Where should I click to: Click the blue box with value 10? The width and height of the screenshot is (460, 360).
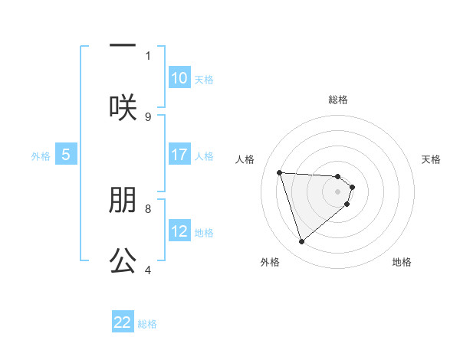[x=179, y=78]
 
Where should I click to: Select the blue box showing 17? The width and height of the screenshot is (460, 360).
[x=179, y=155]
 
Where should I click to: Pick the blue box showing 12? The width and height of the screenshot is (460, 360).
[x=179, y=231]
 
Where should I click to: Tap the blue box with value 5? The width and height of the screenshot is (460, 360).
[x=66, y=155]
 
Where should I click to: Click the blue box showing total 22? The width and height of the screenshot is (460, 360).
[x=123, y=322]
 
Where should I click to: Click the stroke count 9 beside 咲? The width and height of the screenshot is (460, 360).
[x=148, y=116]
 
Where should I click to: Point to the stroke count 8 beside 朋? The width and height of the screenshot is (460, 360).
[x=148, y=208]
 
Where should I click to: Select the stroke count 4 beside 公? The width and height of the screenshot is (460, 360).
[x=148, y=270]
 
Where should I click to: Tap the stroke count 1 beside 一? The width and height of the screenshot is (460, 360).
[x=148, y=55]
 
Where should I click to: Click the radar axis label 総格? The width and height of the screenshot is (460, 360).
[x=338, y=100]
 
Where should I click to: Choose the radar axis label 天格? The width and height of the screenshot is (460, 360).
[x=431, y=159]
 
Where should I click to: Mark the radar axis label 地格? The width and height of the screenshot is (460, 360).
[x=402, y=262]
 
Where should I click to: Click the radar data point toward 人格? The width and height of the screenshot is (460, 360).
[x=280, y=172]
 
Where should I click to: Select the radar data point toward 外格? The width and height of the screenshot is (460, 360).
[x=301, y=242]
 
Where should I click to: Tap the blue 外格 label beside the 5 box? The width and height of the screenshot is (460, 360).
[x=41, y=155]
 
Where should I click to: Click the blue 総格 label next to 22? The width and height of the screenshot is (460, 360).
[x=147, y=324]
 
